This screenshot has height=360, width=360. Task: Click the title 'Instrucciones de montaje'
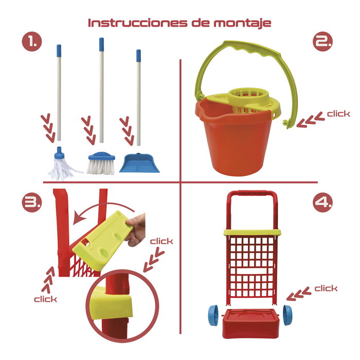(179, 23)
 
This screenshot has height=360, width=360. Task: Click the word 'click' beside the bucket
(338, 114)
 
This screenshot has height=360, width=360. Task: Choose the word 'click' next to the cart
(326, 288)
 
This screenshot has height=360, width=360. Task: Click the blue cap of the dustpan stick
(138, 53)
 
